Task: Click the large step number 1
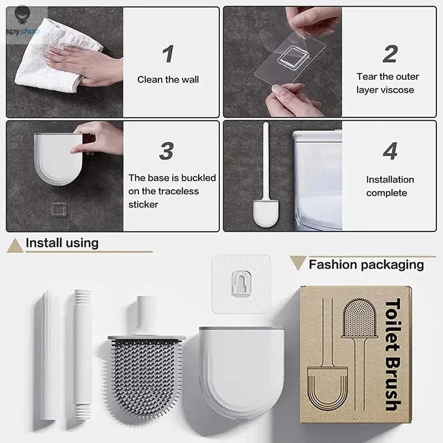[168, 54]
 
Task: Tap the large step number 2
[390, 54]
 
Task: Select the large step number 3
[167, 151]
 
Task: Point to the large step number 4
[390, 151]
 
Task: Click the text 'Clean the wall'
[168, 80]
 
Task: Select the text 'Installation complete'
[390, 186]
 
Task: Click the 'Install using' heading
[62, 243]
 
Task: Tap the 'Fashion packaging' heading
[365, 264]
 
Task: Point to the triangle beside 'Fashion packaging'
[297, 263]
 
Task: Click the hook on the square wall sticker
[242, 283]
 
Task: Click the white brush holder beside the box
[241, 368]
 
